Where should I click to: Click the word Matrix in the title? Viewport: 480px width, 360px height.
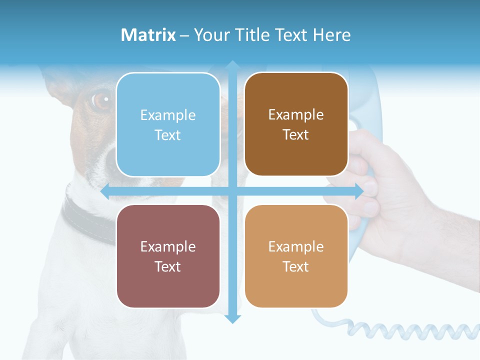click(x=148, y=35)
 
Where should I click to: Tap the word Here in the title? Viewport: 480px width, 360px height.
click(x=331, y=35)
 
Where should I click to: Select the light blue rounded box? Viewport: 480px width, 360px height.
click(x=168, y=124)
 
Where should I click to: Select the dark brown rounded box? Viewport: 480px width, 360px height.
click(x=296, y=124)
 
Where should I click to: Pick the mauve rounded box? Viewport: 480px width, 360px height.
click(x=168, y=256)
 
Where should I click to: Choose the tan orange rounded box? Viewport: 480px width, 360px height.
click(x=296, y=256)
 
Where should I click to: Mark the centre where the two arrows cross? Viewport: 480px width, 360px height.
click(x=232, y=191)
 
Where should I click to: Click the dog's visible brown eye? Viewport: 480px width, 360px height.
click(x=101, y=100)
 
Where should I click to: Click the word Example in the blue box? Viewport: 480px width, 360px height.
click(x=168, y=115)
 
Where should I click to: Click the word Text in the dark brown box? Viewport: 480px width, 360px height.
click(x=296, y=134)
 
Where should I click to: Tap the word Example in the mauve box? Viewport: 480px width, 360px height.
click(x=168, y=246)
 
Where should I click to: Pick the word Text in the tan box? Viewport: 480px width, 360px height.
click(x=296, y=266)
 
